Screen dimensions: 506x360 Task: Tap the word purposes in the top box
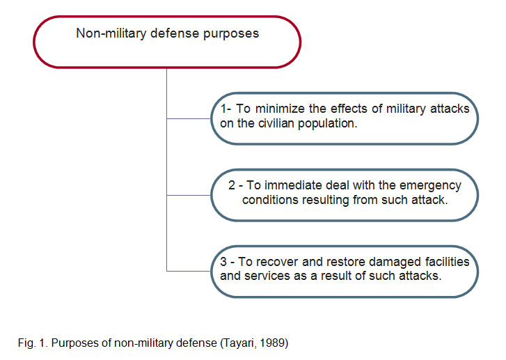coord(231,34)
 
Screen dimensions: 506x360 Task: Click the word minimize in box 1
coord(280,109)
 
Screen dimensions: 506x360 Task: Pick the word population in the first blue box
coord(327,124)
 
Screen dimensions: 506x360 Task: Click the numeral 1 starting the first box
coord(223,109)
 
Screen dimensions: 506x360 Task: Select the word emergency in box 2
coord(430,186)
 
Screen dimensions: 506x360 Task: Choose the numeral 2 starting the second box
coord(232,185)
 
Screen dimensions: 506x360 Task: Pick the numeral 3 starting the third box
coord(223,262)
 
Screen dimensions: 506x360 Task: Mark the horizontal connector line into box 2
coord(189,196)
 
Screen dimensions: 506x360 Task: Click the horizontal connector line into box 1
coord(189,119)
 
